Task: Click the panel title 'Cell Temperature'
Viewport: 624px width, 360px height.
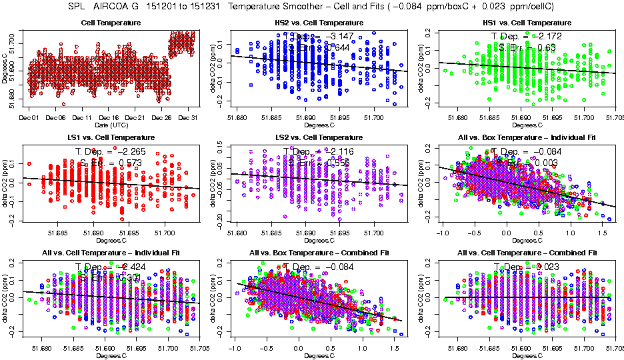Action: click(111, 23)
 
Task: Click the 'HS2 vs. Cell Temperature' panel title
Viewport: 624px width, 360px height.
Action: click(319, 23)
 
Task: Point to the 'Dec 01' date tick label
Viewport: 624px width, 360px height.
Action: click(28, 118)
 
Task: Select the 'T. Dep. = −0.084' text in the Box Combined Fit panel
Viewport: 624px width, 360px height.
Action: click(318, 267)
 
